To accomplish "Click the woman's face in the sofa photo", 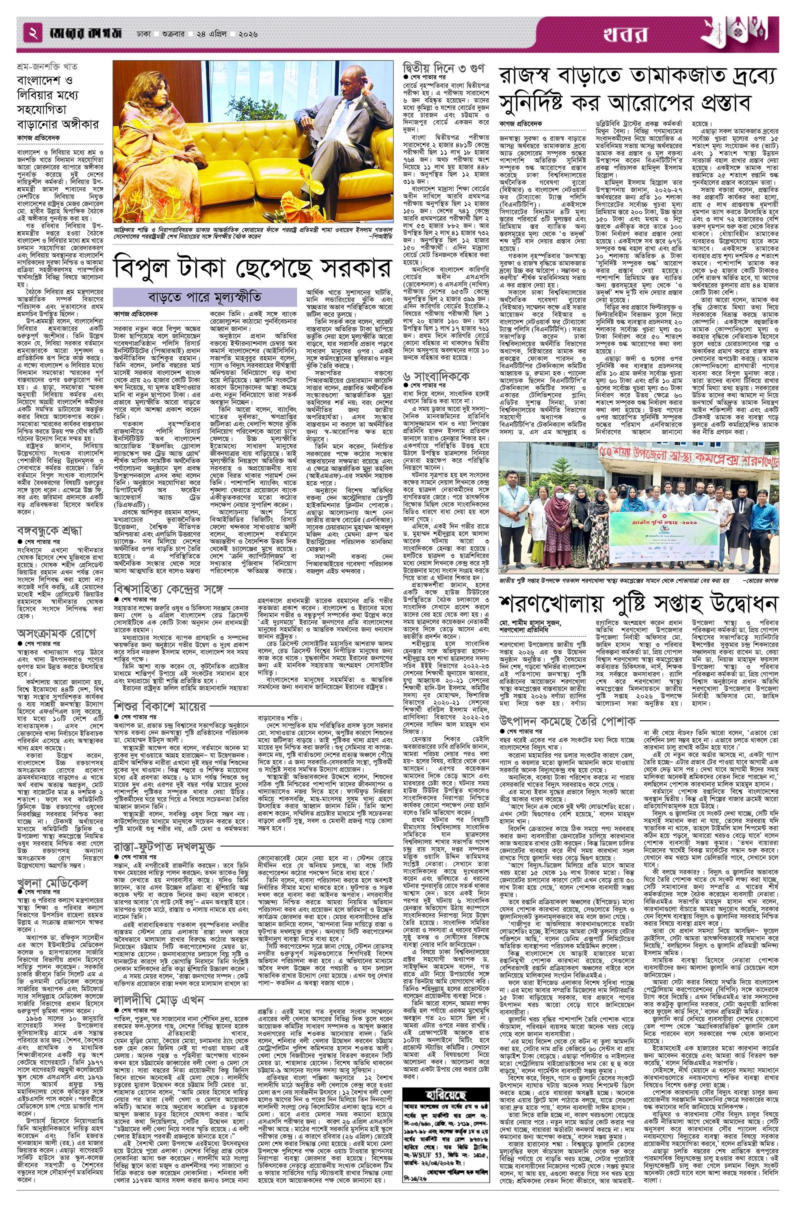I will (x=147, y=96).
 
